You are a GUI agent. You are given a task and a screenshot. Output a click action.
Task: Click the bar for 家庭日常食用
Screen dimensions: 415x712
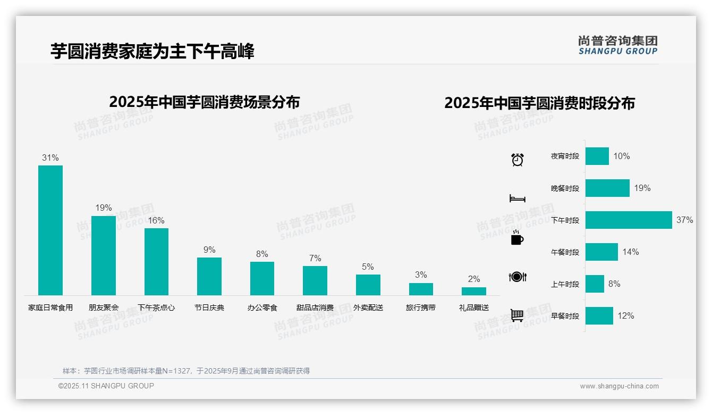click(x=50, y=230)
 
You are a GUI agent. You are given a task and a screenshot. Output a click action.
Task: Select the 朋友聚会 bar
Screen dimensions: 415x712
click(x=103, y=255)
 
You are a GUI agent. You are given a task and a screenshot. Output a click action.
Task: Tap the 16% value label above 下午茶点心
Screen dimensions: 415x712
click(x=156, y=220)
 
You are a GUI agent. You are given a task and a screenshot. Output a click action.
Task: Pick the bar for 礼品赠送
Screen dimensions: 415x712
click(x=473, y=291)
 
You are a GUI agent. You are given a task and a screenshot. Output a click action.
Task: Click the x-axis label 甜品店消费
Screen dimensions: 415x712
click(x=315, y=308)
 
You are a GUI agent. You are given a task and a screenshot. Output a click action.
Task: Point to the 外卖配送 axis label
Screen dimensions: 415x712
click(x=368, y=308)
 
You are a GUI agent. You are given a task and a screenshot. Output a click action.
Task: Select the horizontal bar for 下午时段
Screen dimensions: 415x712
click(x=629, y=220)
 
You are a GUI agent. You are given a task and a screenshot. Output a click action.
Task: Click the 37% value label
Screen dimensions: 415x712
click(x=684, y=220)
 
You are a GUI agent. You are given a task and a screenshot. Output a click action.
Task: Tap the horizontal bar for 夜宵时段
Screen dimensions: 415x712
click(x=597, y=156)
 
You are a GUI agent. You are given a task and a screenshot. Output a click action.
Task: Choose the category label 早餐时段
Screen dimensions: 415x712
click(x=565, y=316)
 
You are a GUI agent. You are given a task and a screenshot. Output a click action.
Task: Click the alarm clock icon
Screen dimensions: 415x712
click(x=517, y=160)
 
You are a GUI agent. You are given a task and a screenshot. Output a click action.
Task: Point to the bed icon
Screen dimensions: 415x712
click(x=517, y=198)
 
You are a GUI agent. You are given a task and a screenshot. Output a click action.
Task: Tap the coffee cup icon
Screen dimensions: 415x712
click(x=517, y=238)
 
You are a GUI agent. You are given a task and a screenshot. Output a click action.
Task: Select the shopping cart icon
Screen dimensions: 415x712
click(x=517, y=315)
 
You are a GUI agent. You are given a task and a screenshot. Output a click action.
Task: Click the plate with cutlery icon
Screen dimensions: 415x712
click(x=517, y=277)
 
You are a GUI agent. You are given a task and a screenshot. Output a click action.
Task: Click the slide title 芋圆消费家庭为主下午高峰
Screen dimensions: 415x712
click(x=152, y=51)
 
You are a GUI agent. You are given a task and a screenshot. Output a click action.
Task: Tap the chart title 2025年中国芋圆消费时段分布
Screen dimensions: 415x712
click(x=539, y=103)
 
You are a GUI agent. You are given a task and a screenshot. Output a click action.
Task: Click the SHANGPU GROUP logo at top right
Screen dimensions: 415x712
click(x=617, y=45)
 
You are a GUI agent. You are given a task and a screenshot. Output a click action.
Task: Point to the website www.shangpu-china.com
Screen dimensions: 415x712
click(x=619, y=386)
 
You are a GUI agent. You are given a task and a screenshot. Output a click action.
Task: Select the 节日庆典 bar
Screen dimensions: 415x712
click(x=209, y=276)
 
